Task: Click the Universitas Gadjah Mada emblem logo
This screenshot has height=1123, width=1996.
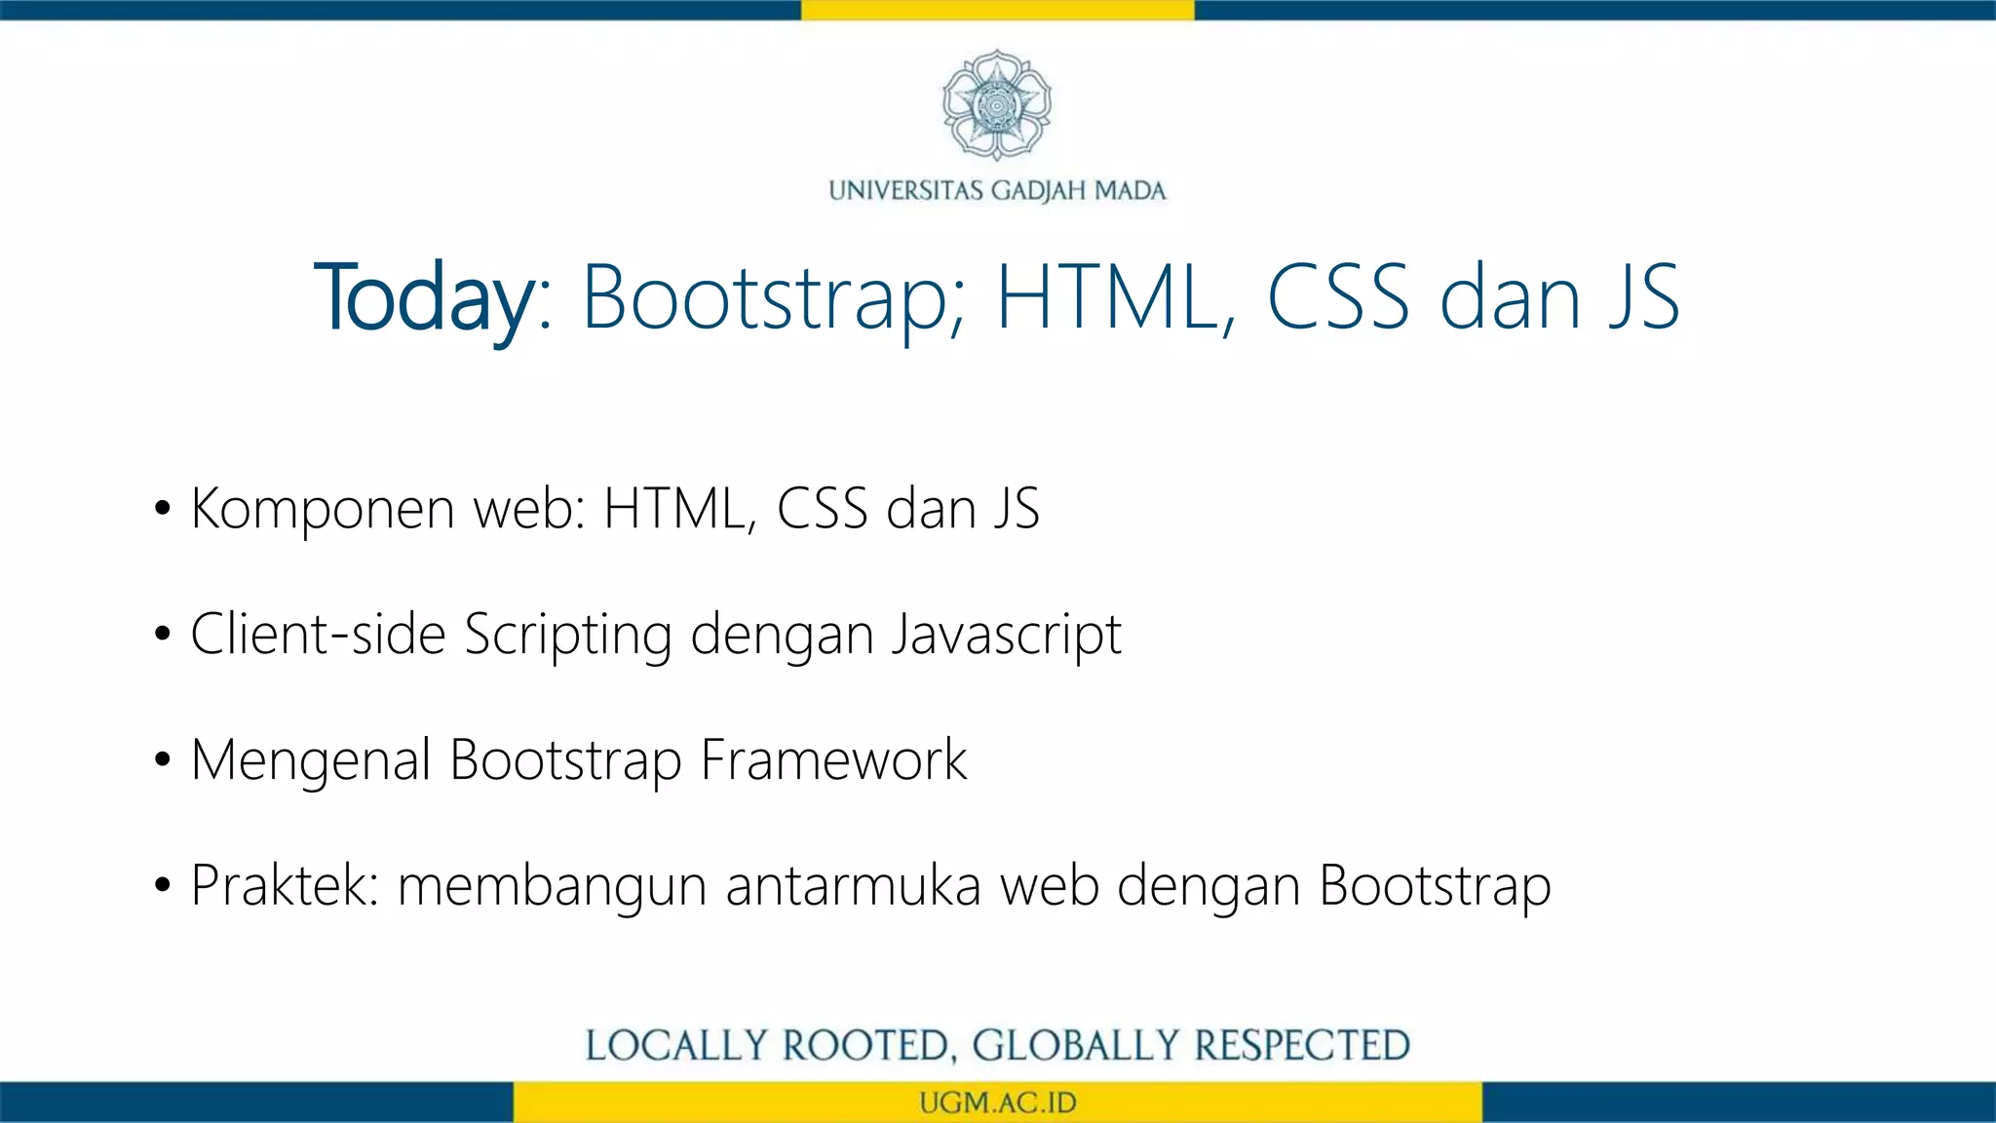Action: click(x=996, y=104)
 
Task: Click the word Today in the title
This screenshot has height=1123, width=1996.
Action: click(x=424, y=297)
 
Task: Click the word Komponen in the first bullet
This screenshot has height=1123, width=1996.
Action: click(x=323, y=510)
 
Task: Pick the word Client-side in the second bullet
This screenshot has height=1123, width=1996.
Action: click(x=318, y=635)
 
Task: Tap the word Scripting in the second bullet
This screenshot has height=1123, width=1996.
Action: click(x=568, y=636)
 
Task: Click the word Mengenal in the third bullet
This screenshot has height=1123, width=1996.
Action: click(x=311, y=761)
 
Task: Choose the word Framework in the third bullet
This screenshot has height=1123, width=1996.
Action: click(x=833, y=760)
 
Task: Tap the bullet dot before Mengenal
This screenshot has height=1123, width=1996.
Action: click(x=163, y=760)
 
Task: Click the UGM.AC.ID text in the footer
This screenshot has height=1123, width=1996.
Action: click(x=997, y=1103)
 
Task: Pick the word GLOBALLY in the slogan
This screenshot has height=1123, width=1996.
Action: click(x=1075, y=1045)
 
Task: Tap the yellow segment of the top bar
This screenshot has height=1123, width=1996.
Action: click(x=997, y=10)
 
